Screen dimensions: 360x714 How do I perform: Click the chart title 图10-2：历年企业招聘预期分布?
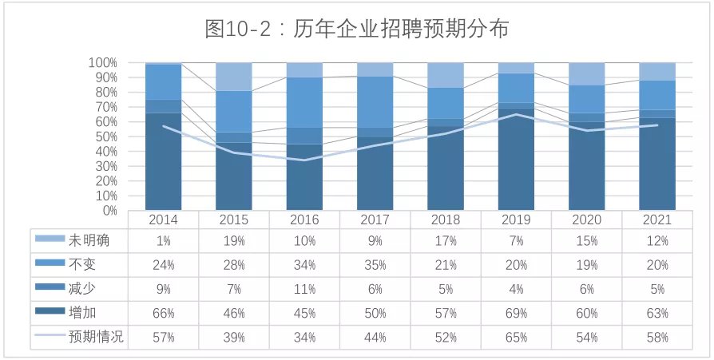click(x=356, y=30)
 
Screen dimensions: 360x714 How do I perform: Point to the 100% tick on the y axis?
click(x=103, y=62)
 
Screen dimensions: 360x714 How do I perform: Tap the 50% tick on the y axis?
click(x=105, y=136)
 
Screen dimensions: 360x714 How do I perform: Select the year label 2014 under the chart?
click(x=163, y=220)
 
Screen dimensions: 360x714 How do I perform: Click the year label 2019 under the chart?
click(x=516, y=220)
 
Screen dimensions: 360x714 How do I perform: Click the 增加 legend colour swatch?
click(x=49, y=313)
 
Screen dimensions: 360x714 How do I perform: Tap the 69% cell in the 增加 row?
click(x=516, y=313)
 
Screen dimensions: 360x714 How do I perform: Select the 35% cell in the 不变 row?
click(x=375, y=264)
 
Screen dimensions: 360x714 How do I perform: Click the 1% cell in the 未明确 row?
click(x=163, y=239)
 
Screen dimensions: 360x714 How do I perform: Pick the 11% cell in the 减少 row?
click(x=304, y=289)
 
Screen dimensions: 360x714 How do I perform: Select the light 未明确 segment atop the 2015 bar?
click(x=233, y=77)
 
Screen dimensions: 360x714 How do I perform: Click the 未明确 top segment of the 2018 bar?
click(x=446, y=75)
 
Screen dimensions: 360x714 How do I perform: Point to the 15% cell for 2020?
click(x=586, y=239)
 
